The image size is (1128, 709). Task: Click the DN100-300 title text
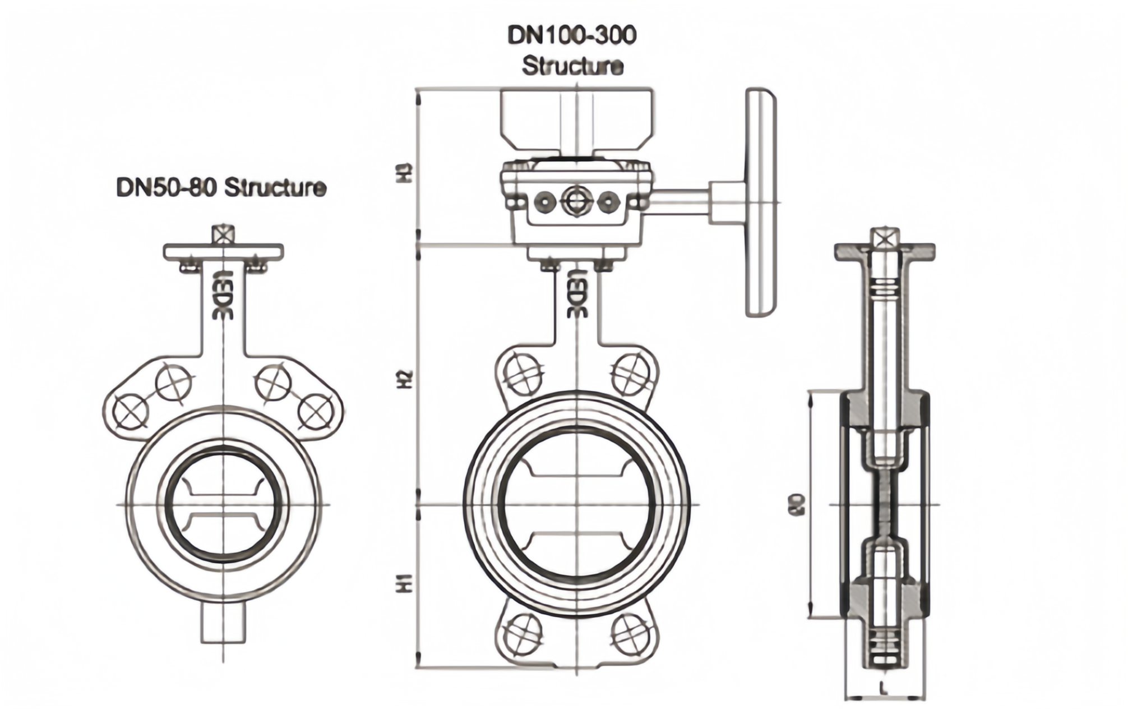572,35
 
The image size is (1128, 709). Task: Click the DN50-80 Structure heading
221,187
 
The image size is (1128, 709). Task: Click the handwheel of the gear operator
761,202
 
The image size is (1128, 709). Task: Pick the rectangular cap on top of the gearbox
576,121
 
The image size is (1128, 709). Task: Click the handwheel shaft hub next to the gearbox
727,202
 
